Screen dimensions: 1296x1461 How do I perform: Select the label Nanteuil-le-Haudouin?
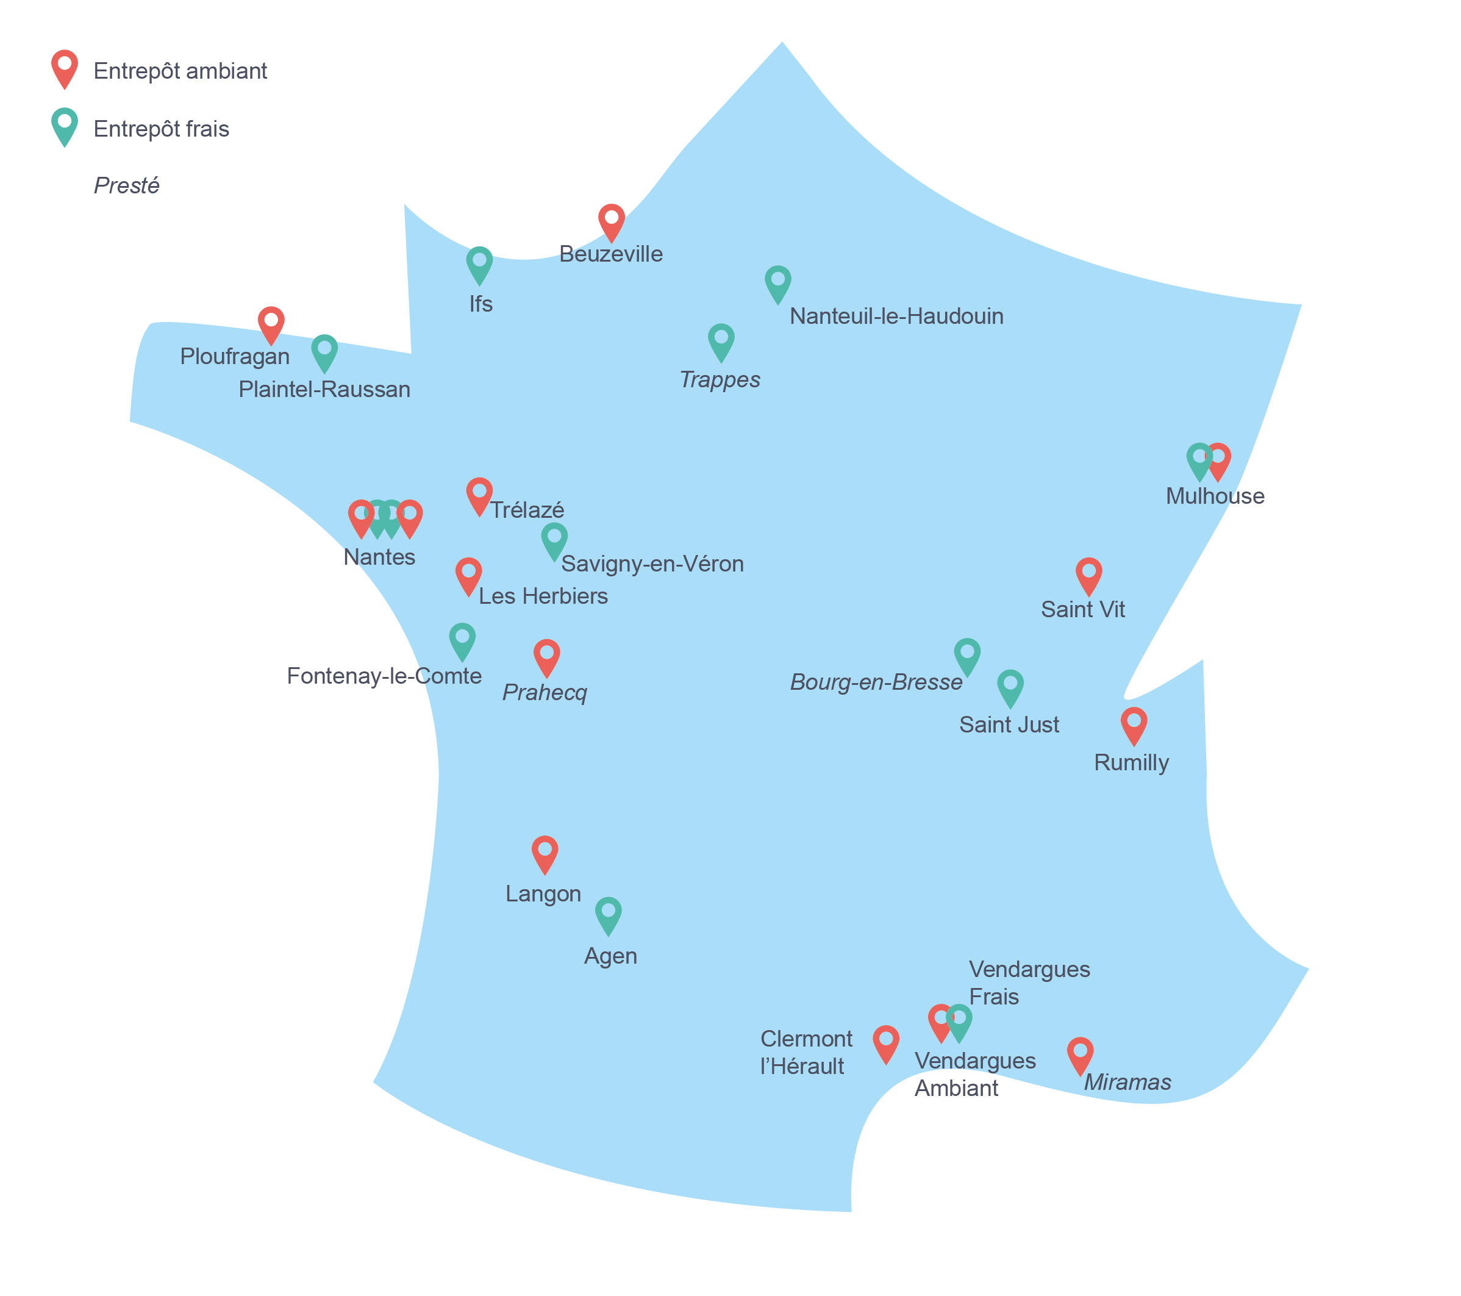(x=896, y=316)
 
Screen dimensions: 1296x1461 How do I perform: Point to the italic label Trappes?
(x=719, y=379)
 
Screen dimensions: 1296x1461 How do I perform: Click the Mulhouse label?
(x=1215, y=496)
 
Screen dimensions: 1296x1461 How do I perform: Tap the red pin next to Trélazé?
(x=479, y=495)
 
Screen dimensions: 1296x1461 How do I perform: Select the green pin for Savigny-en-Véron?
(x=554, y=540)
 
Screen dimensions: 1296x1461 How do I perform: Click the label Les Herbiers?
(x=543, y=596)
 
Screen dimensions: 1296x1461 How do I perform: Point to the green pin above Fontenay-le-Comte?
(x=462, y=640)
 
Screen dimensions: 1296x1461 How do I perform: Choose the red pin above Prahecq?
(x=547, y=656)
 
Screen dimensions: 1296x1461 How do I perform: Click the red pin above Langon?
(x=545, y=853)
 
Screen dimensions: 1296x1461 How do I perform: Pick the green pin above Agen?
(x=609, y=914)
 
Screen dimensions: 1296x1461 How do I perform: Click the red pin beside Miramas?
(x=1080, y=1054)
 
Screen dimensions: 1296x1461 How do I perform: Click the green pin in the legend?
(x=64, y=126)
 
